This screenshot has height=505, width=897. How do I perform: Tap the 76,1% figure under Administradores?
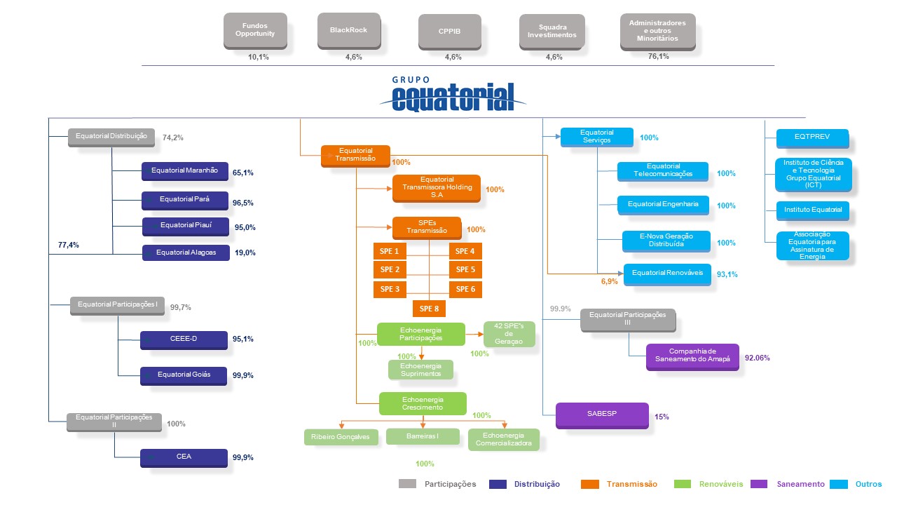(x=658, y=57)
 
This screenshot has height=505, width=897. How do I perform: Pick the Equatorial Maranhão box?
(x=184, y=170)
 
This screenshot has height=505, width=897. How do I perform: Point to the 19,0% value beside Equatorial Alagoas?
(x=244, y=252)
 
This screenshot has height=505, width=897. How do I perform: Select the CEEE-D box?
(x=184, y=339)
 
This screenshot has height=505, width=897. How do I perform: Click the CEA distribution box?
(x=184, y=457)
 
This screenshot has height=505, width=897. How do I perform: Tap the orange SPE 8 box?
(x=429, y=308)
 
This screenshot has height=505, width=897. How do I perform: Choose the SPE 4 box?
(x=465, y=251)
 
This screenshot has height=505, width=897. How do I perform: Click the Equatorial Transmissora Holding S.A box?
(x=436, y=187)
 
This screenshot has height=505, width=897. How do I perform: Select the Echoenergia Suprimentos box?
(x=420, y=369)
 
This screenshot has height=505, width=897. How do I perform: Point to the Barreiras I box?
(x=423, y=436)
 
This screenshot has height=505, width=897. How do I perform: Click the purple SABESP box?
(x=601, y=415)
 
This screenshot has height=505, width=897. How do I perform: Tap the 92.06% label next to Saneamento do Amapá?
(x=757, y=358)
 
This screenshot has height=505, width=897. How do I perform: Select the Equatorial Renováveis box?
(x=667, y=273)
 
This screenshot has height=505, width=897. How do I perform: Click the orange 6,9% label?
(x=610, y=281)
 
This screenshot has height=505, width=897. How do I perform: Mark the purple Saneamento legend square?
(x=759, y=484)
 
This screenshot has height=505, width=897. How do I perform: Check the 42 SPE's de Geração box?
(x=509, y=334)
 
